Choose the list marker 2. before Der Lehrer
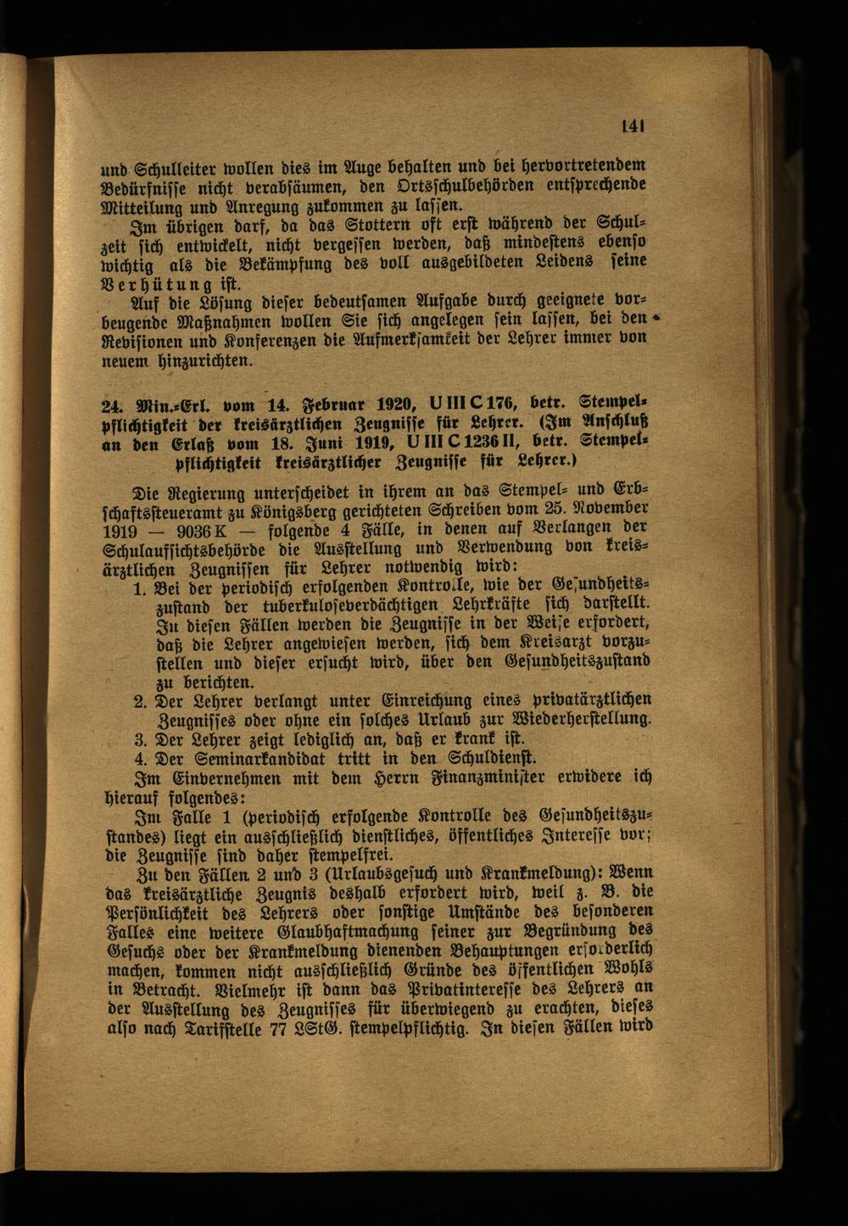click(x=142, y=701)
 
